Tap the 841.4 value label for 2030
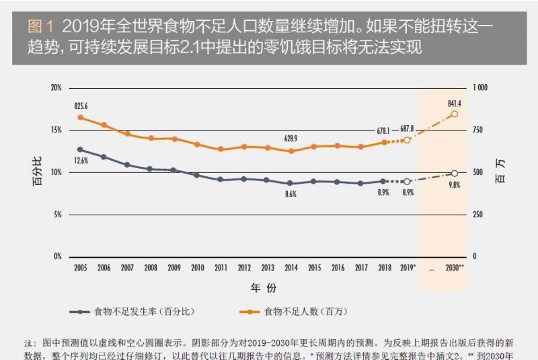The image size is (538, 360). (x=454, y=104)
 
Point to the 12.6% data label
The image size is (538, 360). (x=81, y=160)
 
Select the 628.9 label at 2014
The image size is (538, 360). (x=291, y=138)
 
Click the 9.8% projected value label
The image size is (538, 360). (x=454, y=185)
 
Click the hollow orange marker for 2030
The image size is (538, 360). (x=455, y=114)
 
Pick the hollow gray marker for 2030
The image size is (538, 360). (x=455, y=174)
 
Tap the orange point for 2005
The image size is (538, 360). (x=80, y=117)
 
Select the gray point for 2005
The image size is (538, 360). (x=80, y=149)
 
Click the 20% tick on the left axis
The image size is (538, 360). (x=56, y=87)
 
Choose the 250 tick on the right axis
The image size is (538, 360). (x=478, y=215)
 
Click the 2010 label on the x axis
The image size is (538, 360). (x=197, y=268)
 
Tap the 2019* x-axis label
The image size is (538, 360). (x=406, y=268)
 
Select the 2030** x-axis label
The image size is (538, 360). (x=455, y=268)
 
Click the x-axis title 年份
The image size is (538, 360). (x=264, y=287)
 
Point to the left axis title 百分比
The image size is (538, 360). (x=38, y=172)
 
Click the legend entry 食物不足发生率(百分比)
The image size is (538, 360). (x=144, y=312)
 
